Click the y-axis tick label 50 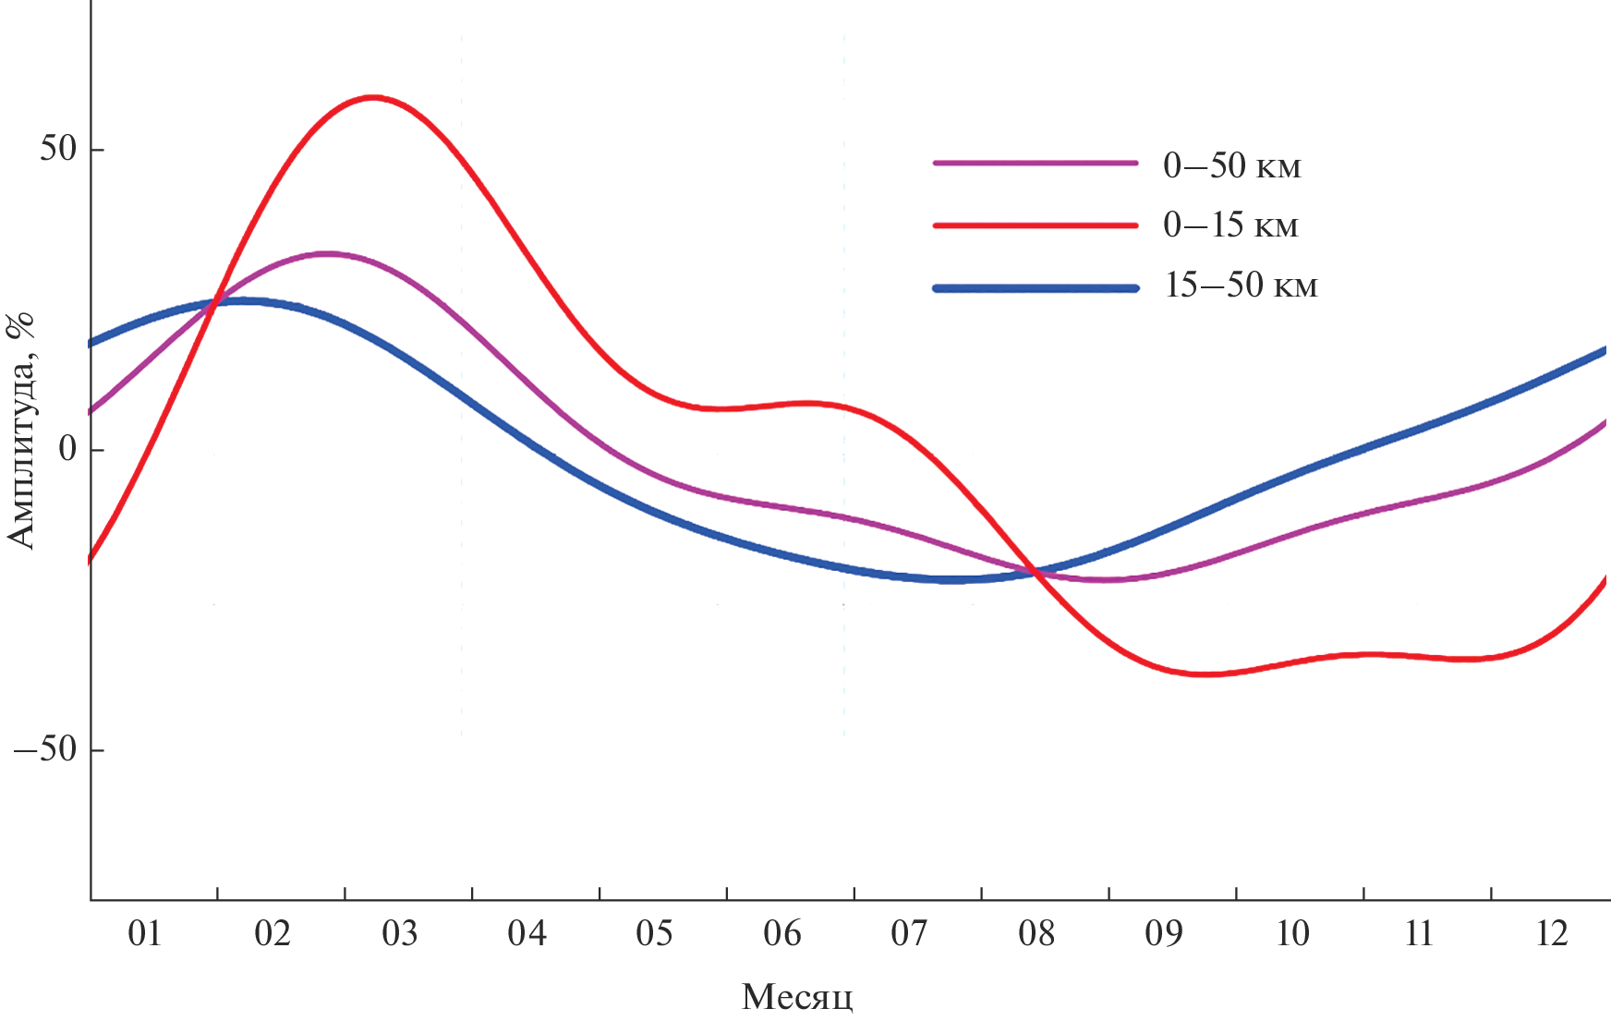[x=58, y=149]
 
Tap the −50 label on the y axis [x=45, y=749]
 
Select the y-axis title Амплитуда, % [x=20, y=431]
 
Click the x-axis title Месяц [x=797, y=997]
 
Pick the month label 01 [x=145, y=934]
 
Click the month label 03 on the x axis [x=400, y=934]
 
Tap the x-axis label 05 [x=654, y=934]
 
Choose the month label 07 [x=909, y=934]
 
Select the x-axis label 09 [x=1164, y=934]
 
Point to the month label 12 [x=1552, y=934]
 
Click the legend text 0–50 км [x=1232, y=166]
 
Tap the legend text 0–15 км [x=1231, y=225]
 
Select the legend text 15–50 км [x=1241, y=286]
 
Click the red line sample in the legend [x=1036, y=225]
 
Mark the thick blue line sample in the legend [x=1036, y=288]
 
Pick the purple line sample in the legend [x=1036, y=164]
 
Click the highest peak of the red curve [x=372, y=97]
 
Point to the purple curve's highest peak [x=326, y=253]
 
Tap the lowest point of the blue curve [x=951, y=579]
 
